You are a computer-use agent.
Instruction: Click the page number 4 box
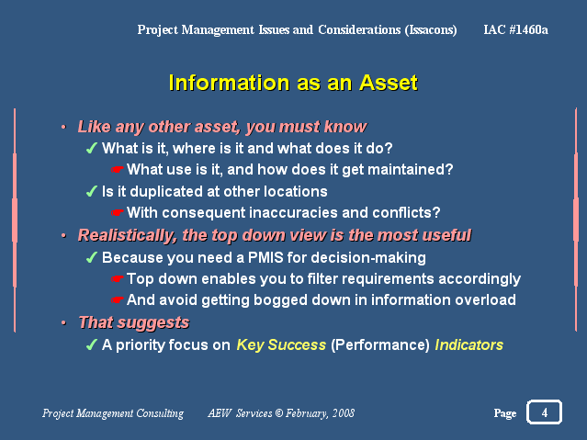click(544, 412)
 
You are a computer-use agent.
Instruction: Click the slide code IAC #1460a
click(515, 29)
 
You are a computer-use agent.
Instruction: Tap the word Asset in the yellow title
click(389, 83)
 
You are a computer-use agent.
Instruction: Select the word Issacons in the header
click(431, 29)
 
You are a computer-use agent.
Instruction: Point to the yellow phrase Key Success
click(281, 344)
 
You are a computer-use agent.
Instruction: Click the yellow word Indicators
click(468, 344)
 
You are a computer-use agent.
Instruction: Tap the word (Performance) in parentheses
click(380, 344)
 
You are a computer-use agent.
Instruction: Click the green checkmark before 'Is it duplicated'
click(91, 191)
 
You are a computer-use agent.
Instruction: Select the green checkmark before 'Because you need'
click(91, 257)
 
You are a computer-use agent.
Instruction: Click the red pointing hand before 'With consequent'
click(118, 213)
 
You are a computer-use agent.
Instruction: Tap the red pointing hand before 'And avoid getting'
click(118, 300)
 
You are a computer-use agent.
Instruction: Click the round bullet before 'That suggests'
click(63, 322)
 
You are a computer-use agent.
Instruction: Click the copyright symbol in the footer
click(279, 413)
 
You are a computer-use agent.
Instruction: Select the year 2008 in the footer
click(344, 413)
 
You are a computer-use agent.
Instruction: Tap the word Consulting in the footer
click(160, 413)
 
